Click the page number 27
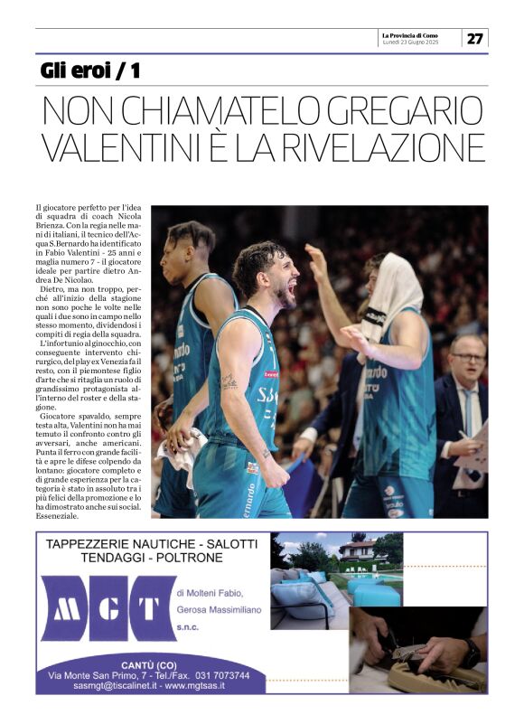pos(475,38)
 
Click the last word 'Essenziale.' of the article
pos(58,516)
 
